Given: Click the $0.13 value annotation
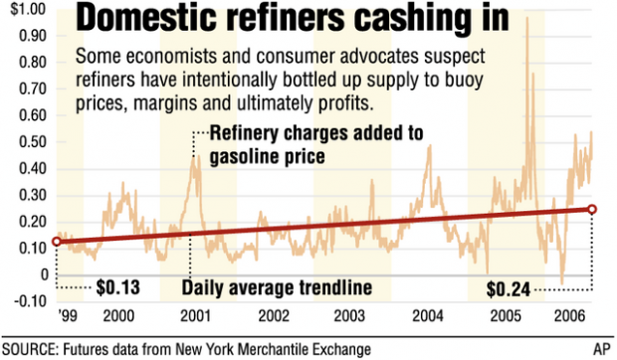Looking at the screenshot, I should click(x=116, y=289).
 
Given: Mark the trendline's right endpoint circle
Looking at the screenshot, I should click(x=592, y=209).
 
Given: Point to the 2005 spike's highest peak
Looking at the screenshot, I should click(x=526, y=18).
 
